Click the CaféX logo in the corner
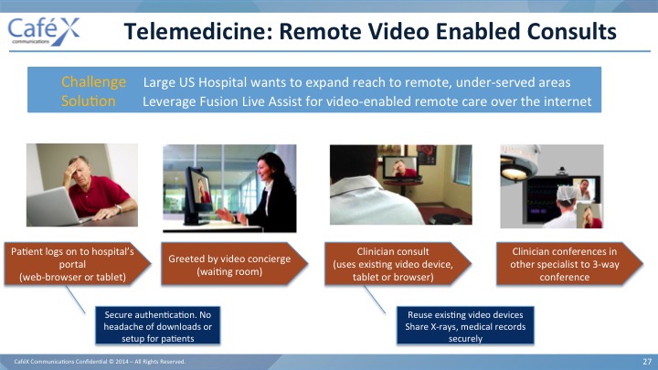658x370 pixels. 43,31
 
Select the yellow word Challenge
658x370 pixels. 93,82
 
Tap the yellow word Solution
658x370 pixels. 88,101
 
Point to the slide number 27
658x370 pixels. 647,361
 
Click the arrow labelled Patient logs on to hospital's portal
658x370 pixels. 77,264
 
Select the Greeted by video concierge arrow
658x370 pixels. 234,264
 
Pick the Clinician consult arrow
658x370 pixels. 398,264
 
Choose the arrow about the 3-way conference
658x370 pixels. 569,264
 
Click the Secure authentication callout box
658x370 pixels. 158,325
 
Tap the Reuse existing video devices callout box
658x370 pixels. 465,325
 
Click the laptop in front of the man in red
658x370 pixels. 53,207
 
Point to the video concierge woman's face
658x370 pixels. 265,170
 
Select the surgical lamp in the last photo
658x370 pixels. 519,164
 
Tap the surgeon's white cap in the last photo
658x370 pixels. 567,193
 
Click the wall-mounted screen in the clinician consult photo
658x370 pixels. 400,167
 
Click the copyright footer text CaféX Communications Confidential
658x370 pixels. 100,361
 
